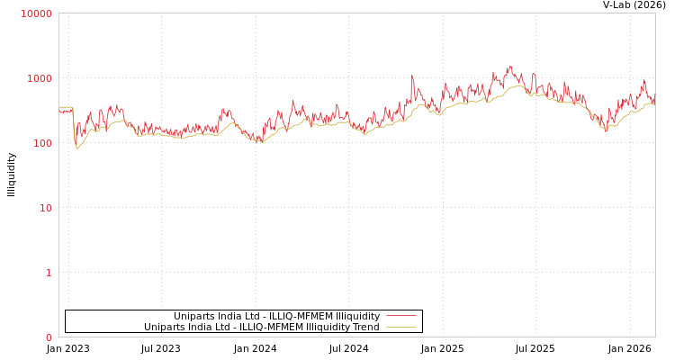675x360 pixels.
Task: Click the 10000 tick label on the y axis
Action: (x=37, y=13)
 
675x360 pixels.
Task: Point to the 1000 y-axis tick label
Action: (x=40, y=78)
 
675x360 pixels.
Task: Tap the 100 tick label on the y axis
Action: (x=42, y=143)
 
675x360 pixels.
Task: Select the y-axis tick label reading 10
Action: (x=45, y=208)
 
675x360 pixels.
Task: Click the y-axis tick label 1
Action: (x=49, y=273)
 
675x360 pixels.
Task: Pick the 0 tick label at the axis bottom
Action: (x=49, y=337)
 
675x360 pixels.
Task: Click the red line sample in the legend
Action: (x=400, y=316)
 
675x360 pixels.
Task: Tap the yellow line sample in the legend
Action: (x=400, y=327)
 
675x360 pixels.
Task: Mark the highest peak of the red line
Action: (x=510, y=66)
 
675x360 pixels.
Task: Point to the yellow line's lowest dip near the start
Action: (x=77, y=148)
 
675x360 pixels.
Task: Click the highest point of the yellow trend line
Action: (x=517, y=85)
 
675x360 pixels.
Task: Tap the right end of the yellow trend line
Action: (x=654, y=105)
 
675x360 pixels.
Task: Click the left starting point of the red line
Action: (x=59, y=111)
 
